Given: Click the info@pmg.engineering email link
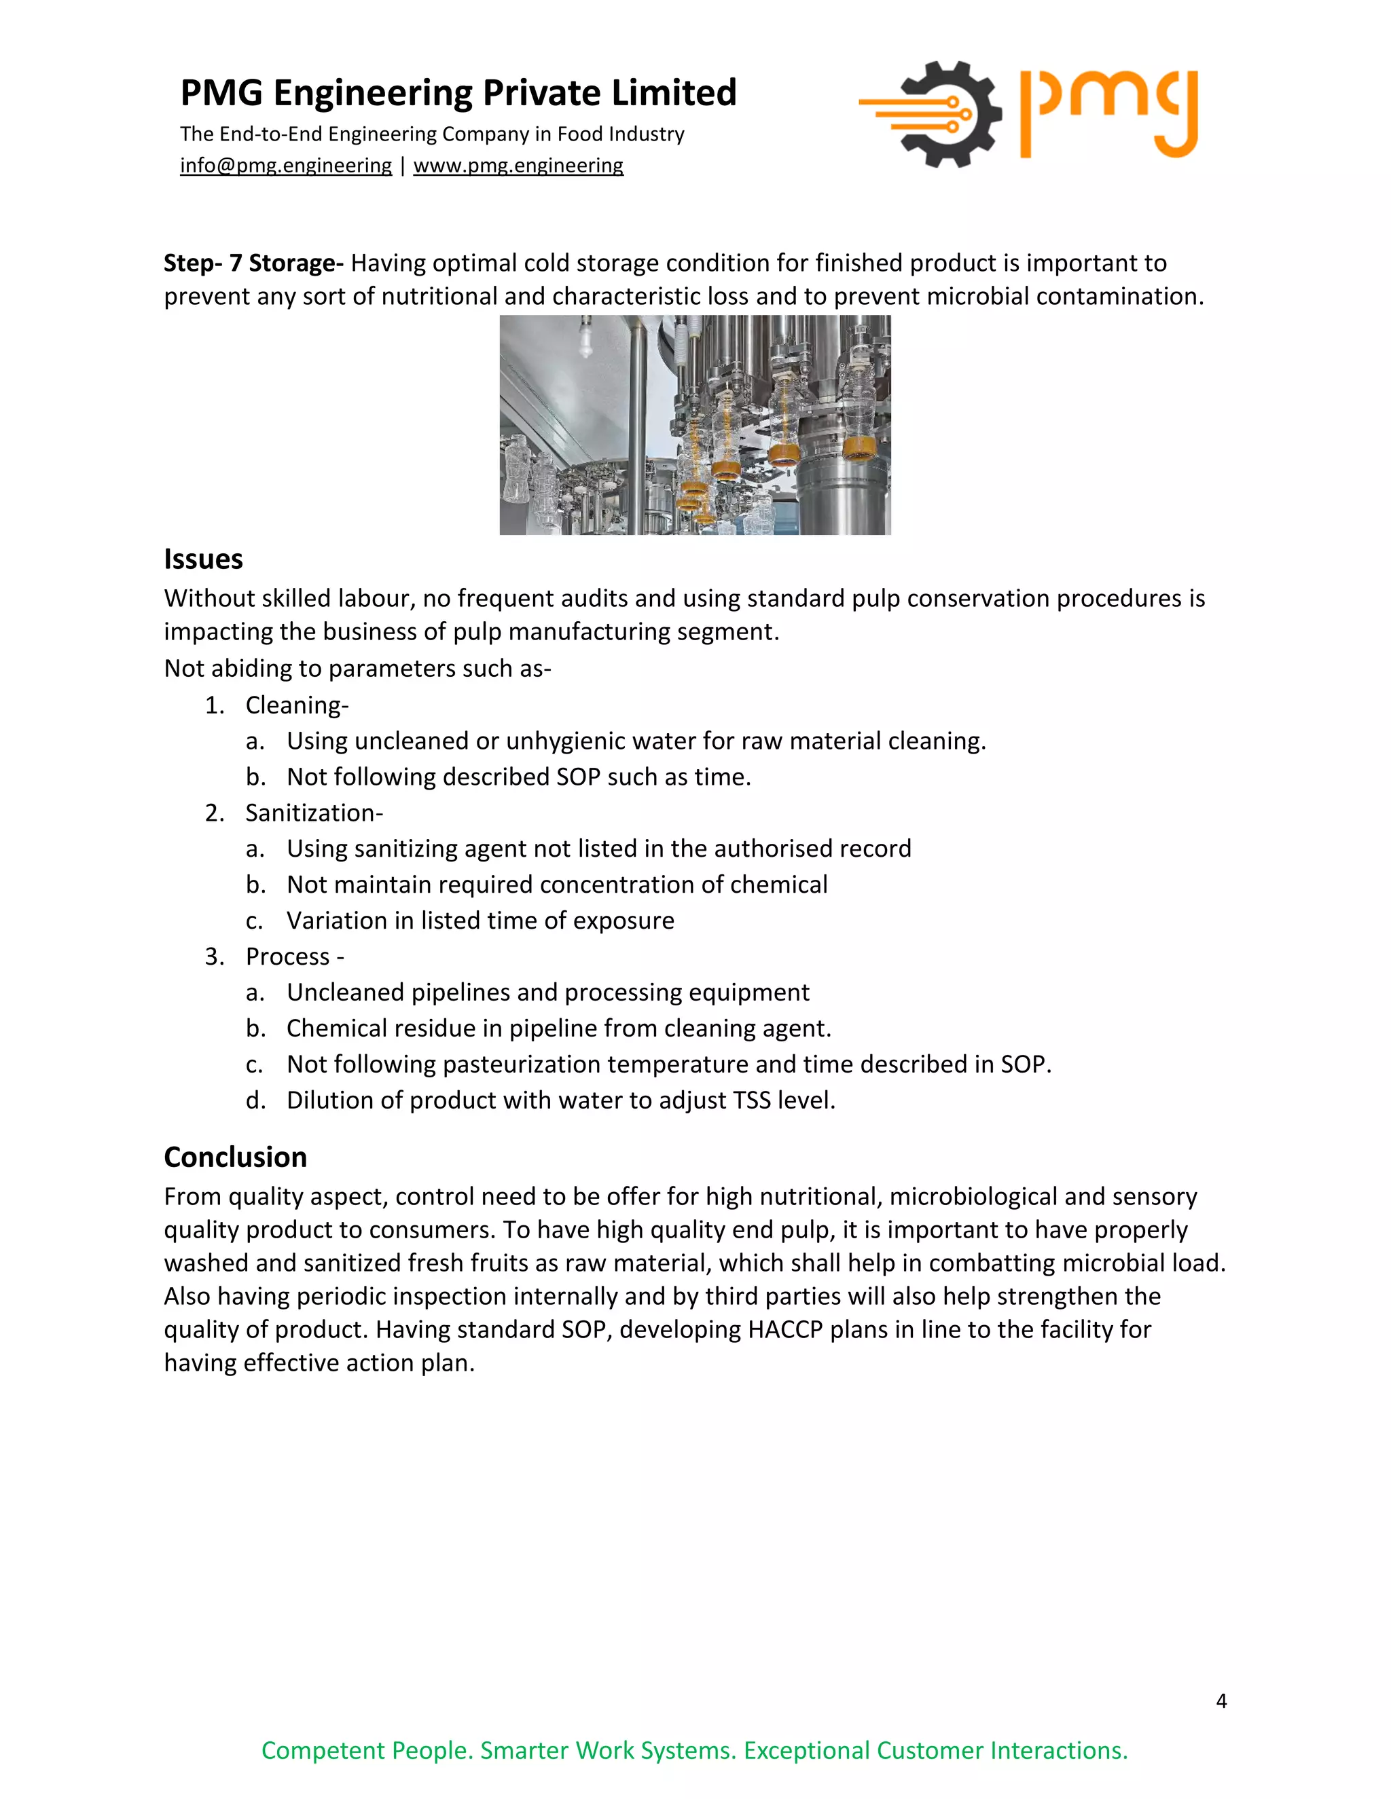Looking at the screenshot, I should click(x=285, y=166).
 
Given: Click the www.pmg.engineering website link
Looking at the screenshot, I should click(x=518, y=166).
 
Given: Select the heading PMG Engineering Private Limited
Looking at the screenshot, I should click(x=458, y=93).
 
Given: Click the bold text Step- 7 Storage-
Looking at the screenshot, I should click(x=253, y=263).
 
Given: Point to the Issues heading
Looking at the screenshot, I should click(x=202, y=559).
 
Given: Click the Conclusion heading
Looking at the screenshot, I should click(x=235, y=1157).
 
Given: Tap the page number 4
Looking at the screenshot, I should click(x=1221, y=1701).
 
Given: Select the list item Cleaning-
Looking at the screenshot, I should click(x=297, y=705).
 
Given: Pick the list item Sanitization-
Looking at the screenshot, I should click(x=314, y=813).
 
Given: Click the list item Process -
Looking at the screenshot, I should click(x=294, y=957).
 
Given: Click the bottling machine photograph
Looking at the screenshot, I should click(x=695, y=425).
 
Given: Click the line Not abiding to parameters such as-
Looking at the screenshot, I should click(x=357, y=668).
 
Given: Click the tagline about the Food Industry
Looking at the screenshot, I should click(x=432, y=134).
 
